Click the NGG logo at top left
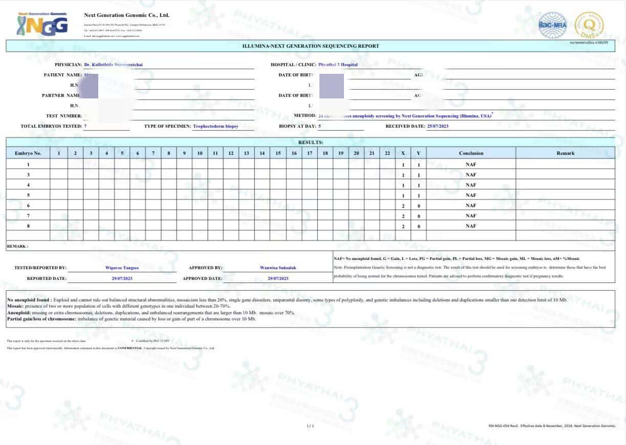click(x=42, y=24)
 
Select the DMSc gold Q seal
click(x=589, y=25)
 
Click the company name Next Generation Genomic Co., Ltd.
click(x=126, y=15)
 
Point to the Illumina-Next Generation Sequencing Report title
click(x=311, y=46)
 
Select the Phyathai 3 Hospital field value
click(x=338, y=65)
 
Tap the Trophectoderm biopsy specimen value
click(x=215, y=126)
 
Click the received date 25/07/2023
click(x=438, y=126)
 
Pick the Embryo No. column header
click(x=28, y=153)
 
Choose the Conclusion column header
click(x=471, y=153)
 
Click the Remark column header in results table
click(x=566, y=153)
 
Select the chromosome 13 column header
click(x=246, y=153)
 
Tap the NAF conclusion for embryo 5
click(x=471, y=195)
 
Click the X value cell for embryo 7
click(x=403, y=216)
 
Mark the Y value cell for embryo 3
click(x=418, y=175)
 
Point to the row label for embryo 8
click(x=28, y=226)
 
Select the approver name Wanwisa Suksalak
click(x=278, y=268)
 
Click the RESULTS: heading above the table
click(x=311, y=142)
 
